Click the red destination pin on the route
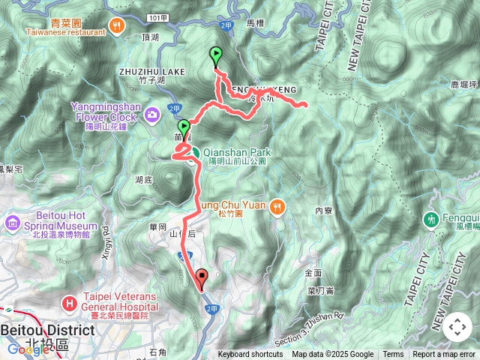coord(201,278)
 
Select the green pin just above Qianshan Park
coord(184,127)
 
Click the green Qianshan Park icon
coord(193,153)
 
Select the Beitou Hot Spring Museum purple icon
coord(13,223)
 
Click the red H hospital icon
coord(69,303)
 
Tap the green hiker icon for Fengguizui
coord(431,220)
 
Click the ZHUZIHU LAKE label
coord(151,70)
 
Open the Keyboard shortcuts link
coord(250,355)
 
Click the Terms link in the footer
coord(393,355)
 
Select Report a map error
coord(444,355)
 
